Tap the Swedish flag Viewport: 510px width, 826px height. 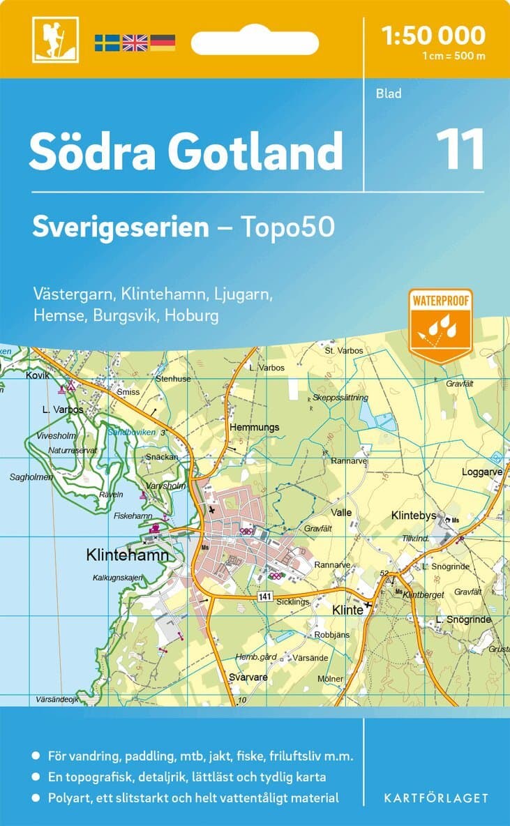click(x=107, y=42)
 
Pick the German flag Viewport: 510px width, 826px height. click(x=163, y=42)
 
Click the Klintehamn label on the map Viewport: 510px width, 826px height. click(x=127, y=555)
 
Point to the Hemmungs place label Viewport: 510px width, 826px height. click(x=255, y=427)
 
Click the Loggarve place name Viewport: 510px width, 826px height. click(x=481, y=472)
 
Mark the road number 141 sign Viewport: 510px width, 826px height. click(x=264, y=595)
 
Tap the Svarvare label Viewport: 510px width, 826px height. click(x=248, y=677)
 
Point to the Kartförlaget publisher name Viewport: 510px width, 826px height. click(x=436, y=797)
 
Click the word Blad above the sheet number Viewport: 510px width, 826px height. click(x=389, y=93)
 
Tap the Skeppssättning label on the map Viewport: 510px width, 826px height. click(x=340, y=398)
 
